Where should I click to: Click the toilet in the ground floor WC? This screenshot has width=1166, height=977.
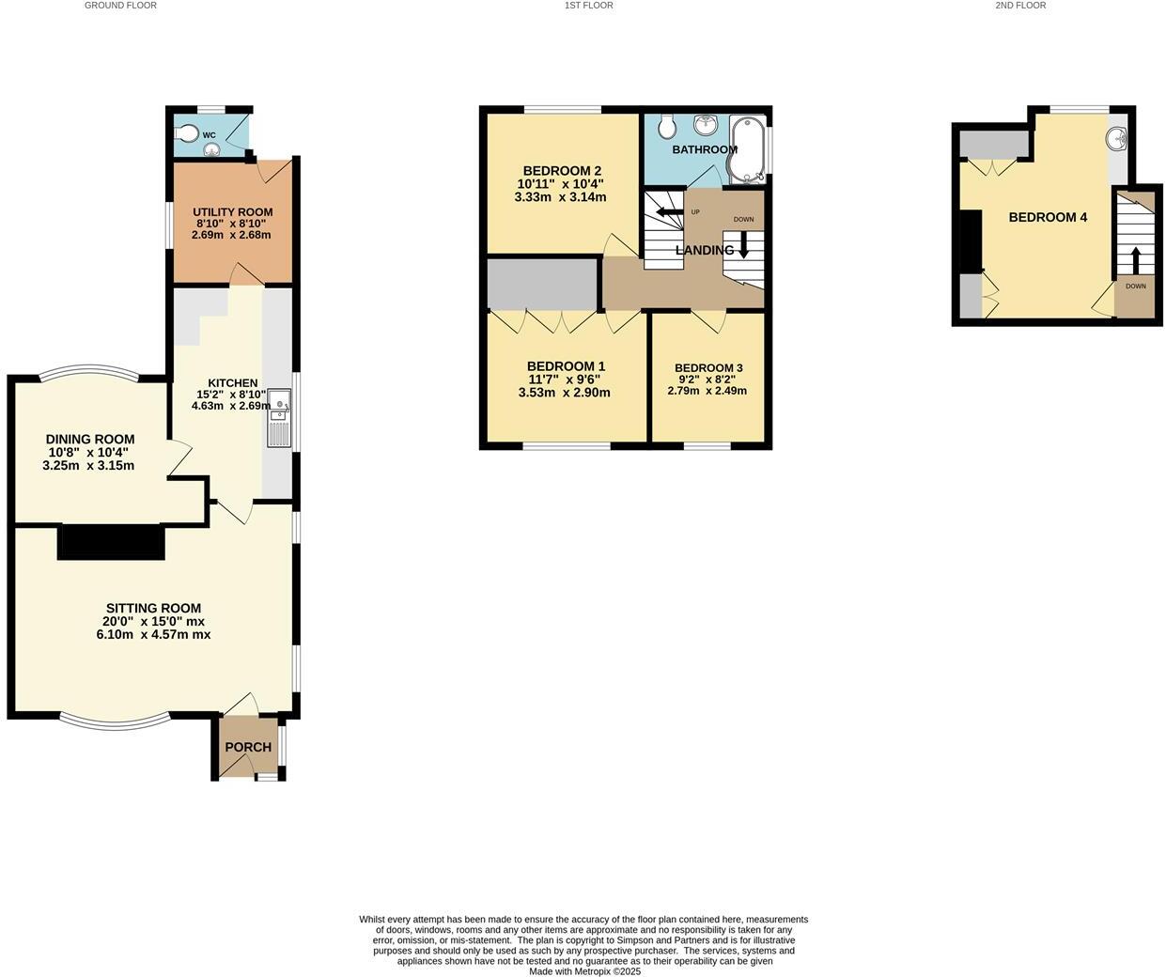coord(188,133)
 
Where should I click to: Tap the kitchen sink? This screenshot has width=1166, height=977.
coord(279,406)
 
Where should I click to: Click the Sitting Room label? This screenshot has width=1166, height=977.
coord(153,608)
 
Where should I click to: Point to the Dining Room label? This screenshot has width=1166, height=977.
coord(90,439)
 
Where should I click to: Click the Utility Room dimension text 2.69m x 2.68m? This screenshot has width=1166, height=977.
coord(231,235)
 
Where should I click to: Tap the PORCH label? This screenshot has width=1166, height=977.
coord(248,747)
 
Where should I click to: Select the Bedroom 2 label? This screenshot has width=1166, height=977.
coord(562,171)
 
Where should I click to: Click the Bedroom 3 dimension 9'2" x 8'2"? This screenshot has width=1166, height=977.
coord(707,380)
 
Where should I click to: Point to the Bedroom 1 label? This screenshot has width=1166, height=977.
coord(566,366)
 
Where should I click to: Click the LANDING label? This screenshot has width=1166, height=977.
coord(705,250)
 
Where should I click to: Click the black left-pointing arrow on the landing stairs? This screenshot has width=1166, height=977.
coord(669,212)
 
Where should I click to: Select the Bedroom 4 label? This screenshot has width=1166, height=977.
coord(1048,217)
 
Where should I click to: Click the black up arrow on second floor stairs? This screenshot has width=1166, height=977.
coord(1135,259)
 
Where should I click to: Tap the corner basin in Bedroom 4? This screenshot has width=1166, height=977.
coord(1116,139)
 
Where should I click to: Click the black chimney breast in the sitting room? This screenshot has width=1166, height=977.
coord(111,543)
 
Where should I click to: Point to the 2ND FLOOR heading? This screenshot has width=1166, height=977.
coord(1020,6)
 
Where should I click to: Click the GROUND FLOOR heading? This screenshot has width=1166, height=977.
coord(120,6)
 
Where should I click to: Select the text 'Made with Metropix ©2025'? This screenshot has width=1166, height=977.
coord(584,971)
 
